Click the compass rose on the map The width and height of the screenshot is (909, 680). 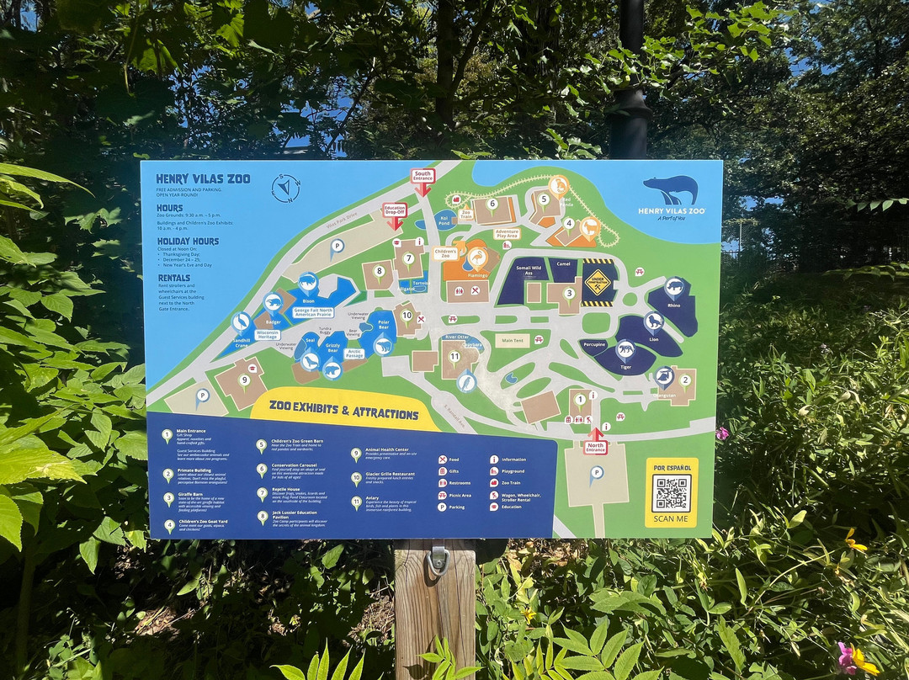pos(286,188)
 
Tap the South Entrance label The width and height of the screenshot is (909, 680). pos(423,176)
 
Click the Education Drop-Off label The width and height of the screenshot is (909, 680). pos(395,210)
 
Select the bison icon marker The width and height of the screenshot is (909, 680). pos(308,282)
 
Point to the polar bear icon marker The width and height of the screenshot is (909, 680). pos(383,345)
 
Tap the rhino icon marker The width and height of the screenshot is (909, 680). pos(674,288)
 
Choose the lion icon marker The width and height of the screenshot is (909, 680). pos(654,321)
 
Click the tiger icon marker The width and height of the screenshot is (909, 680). pos(625,349)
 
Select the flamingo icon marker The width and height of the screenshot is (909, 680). pos(477,257)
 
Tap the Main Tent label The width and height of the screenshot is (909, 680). pos(512,342)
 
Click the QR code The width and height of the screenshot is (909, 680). pos(671,493)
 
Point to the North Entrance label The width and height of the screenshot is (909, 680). pos(595,447)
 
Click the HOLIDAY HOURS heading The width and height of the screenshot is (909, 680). pos(187,242)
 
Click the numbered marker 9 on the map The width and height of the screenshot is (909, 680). pos(244,380)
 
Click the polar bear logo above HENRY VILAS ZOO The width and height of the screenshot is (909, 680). pos(671,189)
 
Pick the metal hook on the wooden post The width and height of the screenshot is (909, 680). pos(438,559)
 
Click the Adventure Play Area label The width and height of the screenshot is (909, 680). pos(507,233)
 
